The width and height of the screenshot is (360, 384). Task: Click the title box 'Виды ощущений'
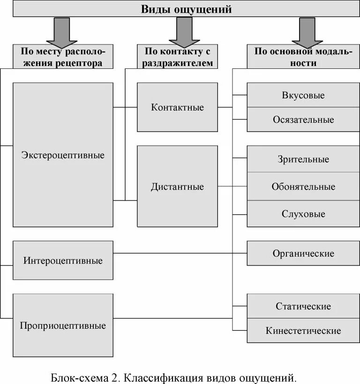point(186,9)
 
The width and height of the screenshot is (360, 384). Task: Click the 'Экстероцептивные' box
point(63,155)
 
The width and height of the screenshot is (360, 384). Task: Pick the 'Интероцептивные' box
point(63,260)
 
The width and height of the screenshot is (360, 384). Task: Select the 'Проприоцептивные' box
point(63,325)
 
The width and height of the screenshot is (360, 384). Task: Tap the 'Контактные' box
point(177,107)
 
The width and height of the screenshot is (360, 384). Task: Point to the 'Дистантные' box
point(177,186)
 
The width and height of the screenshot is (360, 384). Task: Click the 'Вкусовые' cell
point(303,95)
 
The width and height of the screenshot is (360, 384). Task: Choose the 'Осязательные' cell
point(303,119)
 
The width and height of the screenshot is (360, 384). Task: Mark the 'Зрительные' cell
point(303,159)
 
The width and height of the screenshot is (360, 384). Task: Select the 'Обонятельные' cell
point(303,186)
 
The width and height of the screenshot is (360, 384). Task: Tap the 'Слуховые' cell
point(303,214)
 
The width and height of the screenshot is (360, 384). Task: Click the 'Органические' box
point(303,253)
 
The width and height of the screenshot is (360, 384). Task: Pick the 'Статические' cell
point(303,306)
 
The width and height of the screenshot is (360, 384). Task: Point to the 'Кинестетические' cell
point(303,331)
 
